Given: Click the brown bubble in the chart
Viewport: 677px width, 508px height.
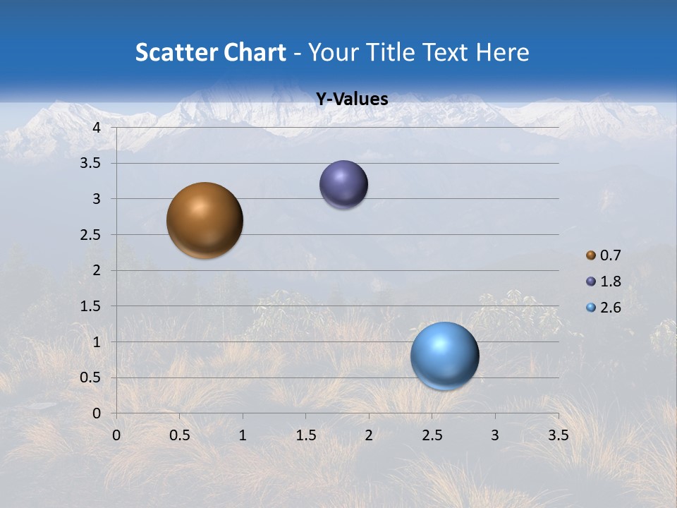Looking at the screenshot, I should (205, 220).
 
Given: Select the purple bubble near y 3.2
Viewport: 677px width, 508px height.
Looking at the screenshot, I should (343, 185).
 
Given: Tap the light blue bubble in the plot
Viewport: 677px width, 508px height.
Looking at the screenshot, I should (444, 356).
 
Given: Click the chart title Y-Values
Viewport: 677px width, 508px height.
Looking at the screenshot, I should (352, 99).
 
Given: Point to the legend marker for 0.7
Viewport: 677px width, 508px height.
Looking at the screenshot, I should (591, 255).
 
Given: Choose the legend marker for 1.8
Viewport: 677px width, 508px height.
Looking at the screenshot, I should (591, 282).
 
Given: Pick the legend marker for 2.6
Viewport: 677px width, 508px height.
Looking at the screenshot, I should (591, 308).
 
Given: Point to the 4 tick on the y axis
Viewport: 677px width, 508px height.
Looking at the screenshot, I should (97, 128).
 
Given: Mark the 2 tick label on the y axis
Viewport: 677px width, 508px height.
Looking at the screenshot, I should (97, 270).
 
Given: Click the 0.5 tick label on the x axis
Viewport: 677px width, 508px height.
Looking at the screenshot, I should (180, 435).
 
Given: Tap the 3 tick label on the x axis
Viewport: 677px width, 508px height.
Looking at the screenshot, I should (494, 435).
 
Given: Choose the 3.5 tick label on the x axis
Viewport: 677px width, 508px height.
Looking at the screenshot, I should (558, 435).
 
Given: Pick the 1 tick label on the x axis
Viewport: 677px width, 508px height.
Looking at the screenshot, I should (243, 435).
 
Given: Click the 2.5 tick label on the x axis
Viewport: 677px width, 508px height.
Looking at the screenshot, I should (432, 435).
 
